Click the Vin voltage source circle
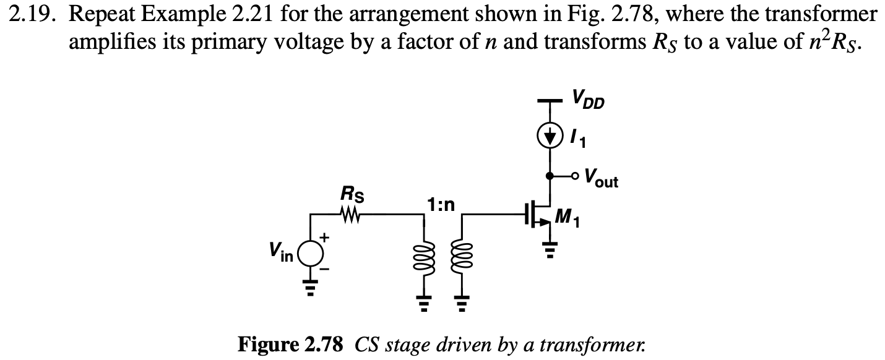point(311,252)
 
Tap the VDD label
point(588,99)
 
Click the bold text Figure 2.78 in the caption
point(290,345)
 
